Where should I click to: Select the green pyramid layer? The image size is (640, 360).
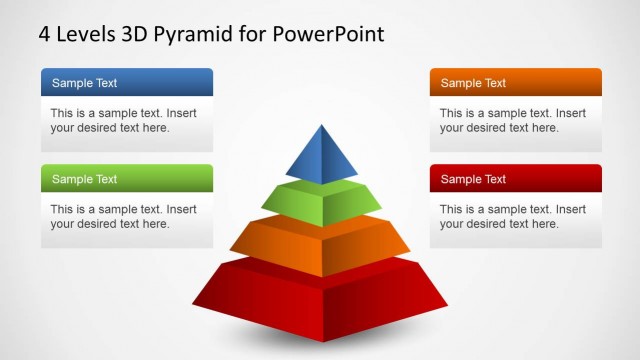point(323,203)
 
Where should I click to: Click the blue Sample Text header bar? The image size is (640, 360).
point(127,83)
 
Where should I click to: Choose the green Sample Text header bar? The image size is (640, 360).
point(127,179)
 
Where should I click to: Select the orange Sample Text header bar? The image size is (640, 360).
point(515,83)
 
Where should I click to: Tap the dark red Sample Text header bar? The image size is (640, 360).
point(515,179)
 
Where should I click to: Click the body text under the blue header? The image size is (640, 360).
point(123,120)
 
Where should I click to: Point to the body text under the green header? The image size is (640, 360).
point(123,216)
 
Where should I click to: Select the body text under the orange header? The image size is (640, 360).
point(512,120)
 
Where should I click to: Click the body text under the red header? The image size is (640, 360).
point(512,216)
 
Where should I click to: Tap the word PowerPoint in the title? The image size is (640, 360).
point(327,34)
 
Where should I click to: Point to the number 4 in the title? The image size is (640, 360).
point(44,34)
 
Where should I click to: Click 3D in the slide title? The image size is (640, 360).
point(136,34)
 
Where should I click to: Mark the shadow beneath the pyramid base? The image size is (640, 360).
point(322,346)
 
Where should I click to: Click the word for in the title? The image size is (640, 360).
point(252,34)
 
